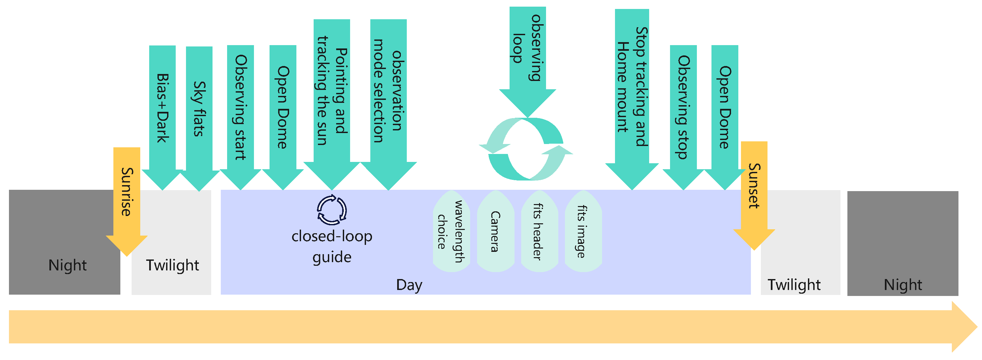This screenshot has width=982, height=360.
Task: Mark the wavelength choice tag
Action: (x=451, y=231)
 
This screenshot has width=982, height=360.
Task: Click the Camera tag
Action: (x=496, y=231)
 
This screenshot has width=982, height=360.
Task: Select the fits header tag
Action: (x=539, y=231)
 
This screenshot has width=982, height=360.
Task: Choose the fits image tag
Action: (x=583, y=231)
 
